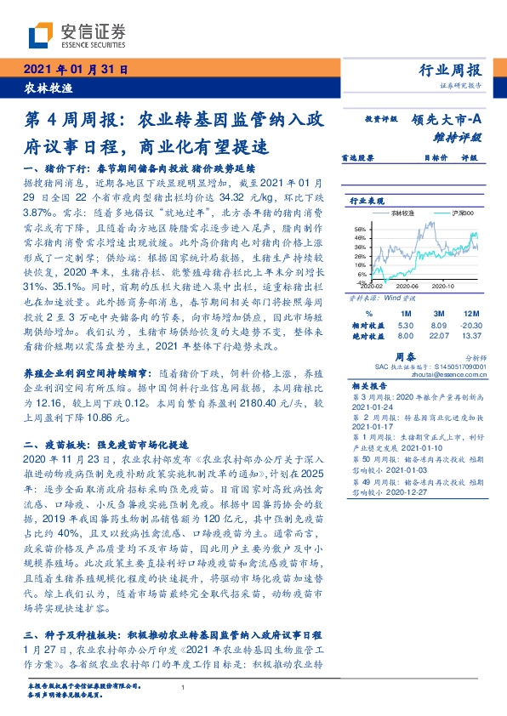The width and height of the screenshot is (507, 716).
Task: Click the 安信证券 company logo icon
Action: coord(40,36)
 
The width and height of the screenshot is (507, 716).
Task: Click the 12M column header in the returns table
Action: coord(470,312)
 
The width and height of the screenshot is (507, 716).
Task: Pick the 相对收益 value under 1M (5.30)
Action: coord(405,324)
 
